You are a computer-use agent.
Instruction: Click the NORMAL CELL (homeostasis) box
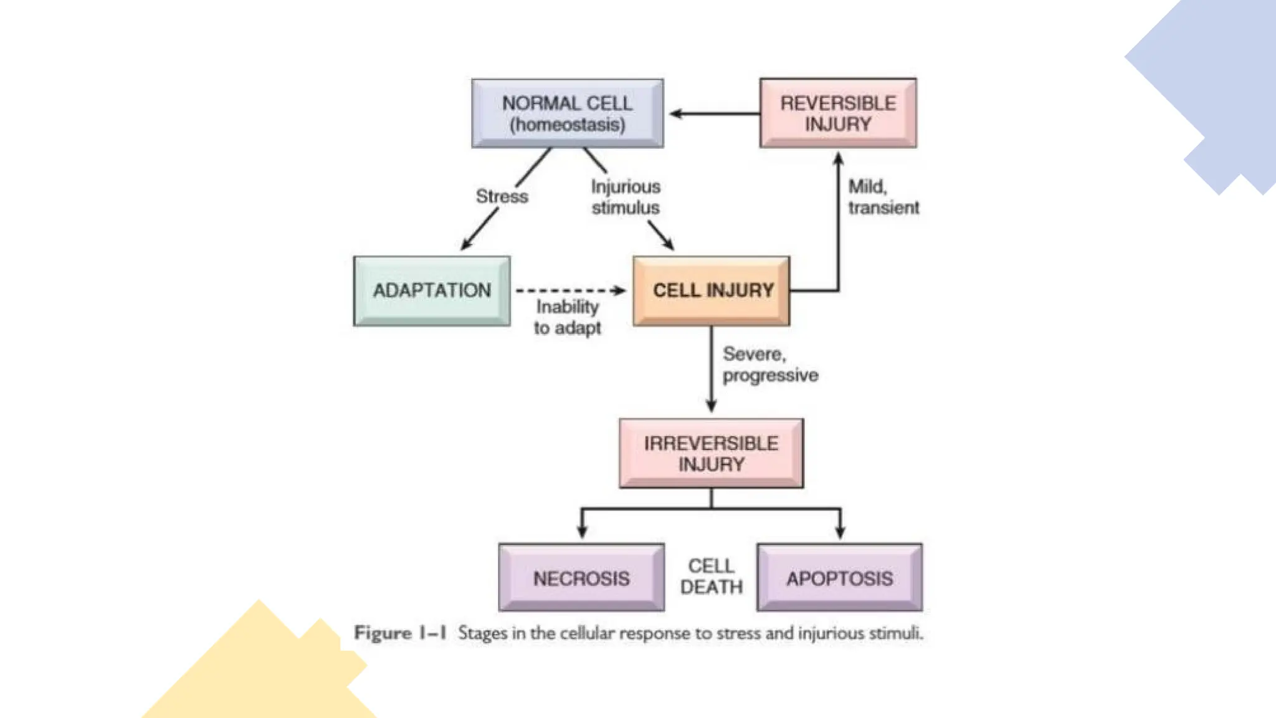[567, 113]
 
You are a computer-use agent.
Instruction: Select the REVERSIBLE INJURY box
[838, 113]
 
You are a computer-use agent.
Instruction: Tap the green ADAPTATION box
[432, 290]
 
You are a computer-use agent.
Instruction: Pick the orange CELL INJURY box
[712, 290]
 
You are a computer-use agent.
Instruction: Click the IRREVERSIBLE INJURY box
[711, 453]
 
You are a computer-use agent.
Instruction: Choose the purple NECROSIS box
[581, 578]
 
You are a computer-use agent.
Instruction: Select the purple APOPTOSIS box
[839, 578]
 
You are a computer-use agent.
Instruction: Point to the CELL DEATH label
[711, 577]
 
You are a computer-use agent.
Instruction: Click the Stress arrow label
[502, 196]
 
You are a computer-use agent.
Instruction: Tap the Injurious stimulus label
[626, 197]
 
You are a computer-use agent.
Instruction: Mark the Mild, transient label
[883, 197]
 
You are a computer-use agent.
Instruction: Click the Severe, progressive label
[769, 365]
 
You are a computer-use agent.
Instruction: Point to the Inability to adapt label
[567, 317]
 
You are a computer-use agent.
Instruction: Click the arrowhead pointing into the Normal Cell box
[675, 113]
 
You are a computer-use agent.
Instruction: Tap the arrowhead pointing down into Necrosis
[582, 532]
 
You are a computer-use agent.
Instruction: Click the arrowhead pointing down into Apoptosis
[840, 532]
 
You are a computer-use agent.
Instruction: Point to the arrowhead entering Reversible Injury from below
[838, 160]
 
